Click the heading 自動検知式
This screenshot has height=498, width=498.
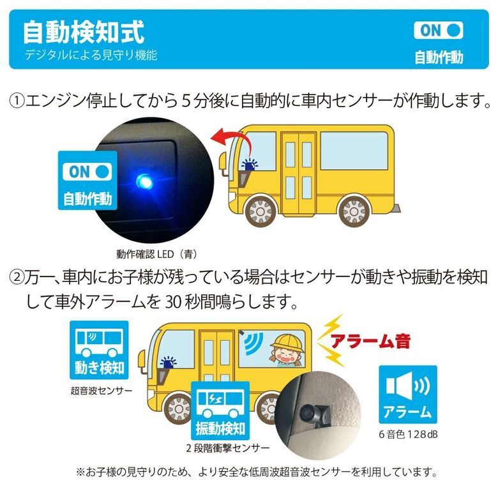pos(84,32)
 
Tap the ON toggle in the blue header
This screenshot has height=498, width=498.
pos(438,31)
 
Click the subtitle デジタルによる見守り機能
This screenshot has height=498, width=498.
pos(91,56)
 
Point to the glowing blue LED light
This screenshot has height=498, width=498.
pos(144,182)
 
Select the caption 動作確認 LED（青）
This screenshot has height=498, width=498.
pos(157,254)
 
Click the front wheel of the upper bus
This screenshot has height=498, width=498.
pos(260,211)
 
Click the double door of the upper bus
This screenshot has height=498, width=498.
pos(299,174)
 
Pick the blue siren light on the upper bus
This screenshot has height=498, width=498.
pos(250,165)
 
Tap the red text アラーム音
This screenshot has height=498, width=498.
pos(370,342)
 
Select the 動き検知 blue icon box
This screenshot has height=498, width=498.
pos(99,350)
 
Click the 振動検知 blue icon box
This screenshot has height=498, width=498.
pos(220,411)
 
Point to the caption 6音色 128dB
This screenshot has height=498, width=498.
pos(408,434)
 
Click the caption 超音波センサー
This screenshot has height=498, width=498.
pos(101,390)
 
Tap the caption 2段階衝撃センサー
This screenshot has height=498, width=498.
pos(228,448)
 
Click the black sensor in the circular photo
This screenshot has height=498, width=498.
pos(314,412)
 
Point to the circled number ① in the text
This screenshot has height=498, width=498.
pos(17,101)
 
